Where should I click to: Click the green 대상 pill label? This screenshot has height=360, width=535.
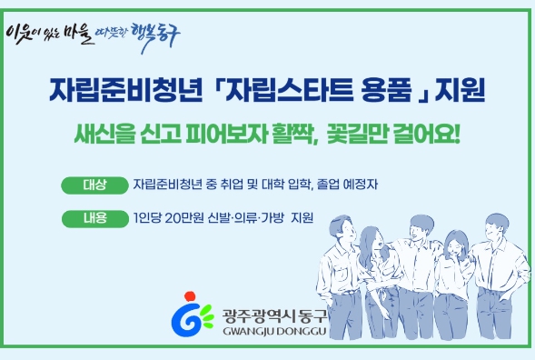pos(94,185)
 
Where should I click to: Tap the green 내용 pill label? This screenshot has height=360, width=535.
pos(95,218)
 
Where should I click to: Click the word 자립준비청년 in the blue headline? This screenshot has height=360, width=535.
pos(126,90)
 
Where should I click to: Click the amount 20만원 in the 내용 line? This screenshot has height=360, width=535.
pos(184,218)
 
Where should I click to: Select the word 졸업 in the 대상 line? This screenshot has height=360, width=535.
pos(328,185)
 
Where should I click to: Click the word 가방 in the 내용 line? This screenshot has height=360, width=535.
pos(272,217)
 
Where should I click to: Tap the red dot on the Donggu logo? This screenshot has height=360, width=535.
pos(190,295)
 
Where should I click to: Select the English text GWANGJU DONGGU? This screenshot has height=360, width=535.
pos(274,331)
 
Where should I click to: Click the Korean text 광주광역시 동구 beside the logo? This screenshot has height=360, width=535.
pos(274,316)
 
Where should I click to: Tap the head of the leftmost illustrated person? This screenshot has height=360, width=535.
pos(342,228)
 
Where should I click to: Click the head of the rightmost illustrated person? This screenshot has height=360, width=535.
pos(497,226)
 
